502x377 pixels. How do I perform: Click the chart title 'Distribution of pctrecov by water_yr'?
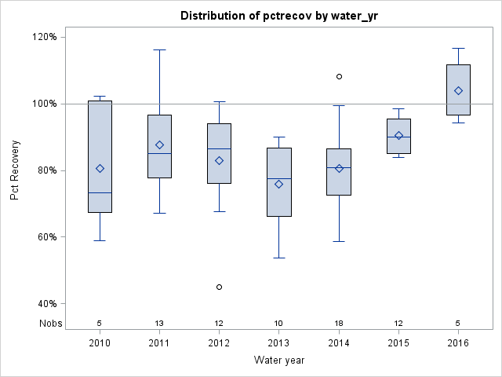[278, 16]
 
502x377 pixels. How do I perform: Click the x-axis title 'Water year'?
[278, 360]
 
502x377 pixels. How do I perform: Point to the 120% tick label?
[43, 37]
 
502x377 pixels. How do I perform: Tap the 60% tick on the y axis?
[43, 237]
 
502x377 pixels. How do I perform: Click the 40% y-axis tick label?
[43, 304]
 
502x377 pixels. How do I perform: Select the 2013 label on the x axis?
[279, 343]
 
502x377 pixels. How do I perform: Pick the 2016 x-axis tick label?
[458, 343]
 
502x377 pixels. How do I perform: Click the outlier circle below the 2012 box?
[219, 287]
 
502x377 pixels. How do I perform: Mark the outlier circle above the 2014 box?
[339, 76]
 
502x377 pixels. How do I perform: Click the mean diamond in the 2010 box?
[100, 168]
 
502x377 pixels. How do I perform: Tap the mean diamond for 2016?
[458, 90]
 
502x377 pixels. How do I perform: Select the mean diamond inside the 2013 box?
[279, 184]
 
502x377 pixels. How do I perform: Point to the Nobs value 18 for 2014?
[339, 323]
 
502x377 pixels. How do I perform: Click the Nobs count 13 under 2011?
[159, 323]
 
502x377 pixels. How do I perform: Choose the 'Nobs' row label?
[49, 323]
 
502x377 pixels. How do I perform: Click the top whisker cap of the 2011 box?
[159, 49]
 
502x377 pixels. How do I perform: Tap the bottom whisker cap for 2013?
[279, 258]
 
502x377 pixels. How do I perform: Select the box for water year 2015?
[398, 136]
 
